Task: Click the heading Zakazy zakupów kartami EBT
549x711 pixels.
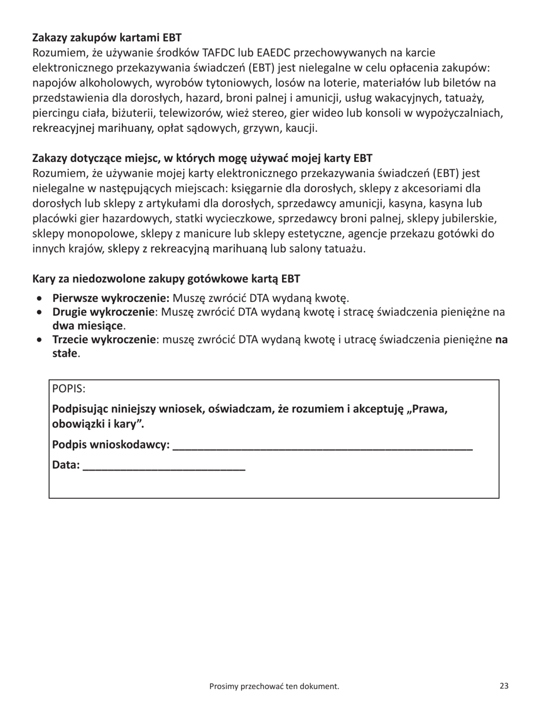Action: click(107, 38)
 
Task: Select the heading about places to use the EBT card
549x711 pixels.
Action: click(202, 158)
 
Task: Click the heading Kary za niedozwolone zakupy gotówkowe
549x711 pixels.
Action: click(166, 279)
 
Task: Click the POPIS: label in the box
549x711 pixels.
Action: click(68, 388)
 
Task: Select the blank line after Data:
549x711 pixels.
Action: click(164, 466)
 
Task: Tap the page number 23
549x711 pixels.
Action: click(504, 686)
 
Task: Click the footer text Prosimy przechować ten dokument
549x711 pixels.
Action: click(274, 686)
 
